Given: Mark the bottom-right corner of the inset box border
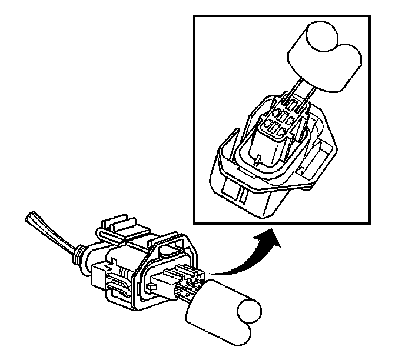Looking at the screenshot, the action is pyautogui.click(x=369, y=225).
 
